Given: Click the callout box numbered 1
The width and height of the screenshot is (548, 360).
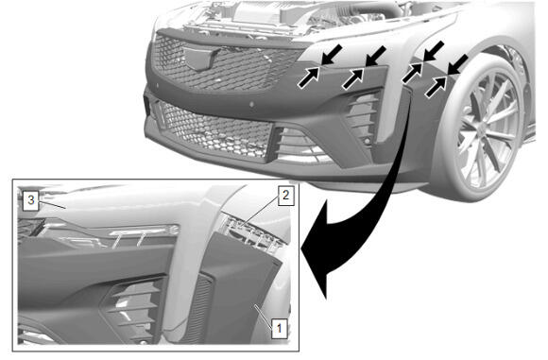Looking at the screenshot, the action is [280, 328].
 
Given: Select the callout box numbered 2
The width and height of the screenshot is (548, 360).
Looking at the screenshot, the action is [286, 196].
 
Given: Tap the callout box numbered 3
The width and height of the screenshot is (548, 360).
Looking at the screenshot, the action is [31, 200].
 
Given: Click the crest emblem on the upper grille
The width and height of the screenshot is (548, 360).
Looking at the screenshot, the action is [200, 57].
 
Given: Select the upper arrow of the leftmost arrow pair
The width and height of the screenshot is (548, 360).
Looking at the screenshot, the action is [332, 55].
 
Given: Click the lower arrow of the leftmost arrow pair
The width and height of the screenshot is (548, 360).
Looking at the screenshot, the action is [308, 77].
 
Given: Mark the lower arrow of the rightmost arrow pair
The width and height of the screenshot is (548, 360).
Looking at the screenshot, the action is [437, 87].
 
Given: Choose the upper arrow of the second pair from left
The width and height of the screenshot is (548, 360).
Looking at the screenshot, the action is [376, 56].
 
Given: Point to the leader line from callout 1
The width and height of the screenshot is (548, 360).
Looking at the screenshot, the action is [264, 317].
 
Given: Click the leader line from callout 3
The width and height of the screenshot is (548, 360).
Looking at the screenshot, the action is [52, 205].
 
